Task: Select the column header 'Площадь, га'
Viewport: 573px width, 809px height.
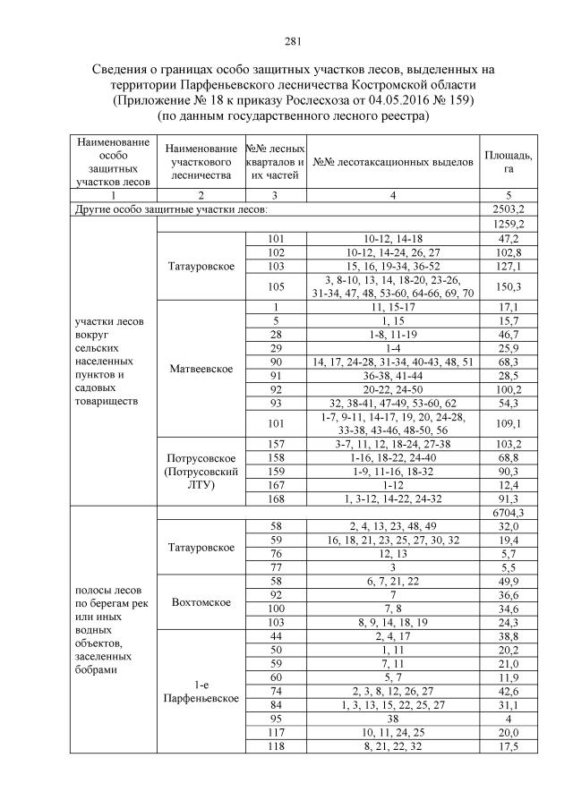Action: pos(508,162)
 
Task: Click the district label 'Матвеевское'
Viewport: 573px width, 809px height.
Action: pos(201,369)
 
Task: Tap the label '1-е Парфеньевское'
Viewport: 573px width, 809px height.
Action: pos(201,690)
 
